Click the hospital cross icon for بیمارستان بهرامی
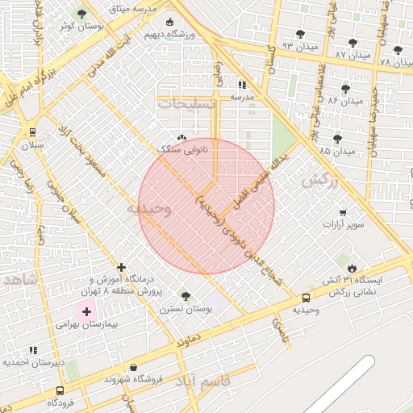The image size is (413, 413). [x=85, y=311]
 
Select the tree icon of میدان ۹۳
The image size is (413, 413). [x=301, y=34]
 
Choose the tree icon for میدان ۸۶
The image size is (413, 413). [x=346, y=89]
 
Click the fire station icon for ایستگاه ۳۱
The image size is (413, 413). [x=352, y=268]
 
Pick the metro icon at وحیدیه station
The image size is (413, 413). [x=305, y=298]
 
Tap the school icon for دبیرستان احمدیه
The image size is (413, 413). [x=33, y=351]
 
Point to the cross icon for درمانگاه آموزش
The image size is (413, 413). [x=121, y=267]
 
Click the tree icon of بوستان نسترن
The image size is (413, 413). [x=186, y=296]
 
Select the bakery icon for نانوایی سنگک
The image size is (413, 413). [x=181, y=138]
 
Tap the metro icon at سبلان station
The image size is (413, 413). [x=32, y=133]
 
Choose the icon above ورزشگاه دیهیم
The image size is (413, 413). [x=169, y=23]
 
